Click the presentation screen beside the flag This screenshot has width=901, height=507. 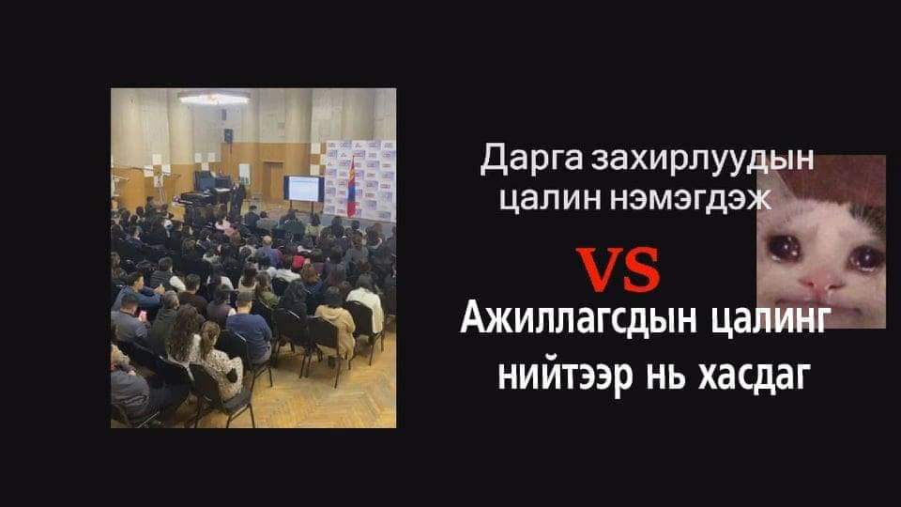[x=304, y=187]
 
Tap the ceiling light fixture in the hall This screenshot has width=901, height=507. [x=213, y=97]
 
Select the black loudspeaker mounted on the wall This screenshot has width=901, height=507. [x=227, y=135]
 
